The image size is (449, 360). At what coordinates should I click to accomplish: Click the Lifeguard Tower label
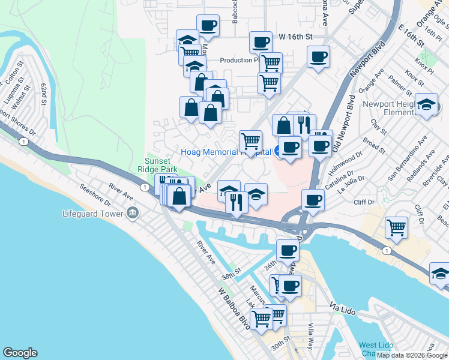93,214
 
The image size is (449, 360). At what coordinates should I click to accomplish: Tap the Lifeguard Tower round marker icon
132,214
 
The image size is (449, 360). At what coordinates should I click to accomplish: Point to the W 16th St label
297,37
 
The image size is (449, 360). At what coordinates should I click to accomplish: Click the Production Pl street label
239,60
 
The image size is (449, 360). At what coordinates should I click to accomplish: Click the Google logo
20,353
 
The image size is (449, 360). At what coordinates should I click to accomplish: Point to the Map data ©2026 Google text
412,355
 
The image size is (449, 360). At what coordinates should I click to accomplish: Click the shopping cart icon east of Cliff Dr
397,227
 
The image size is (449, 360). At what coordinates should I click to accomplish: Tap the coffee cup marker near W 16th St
261,42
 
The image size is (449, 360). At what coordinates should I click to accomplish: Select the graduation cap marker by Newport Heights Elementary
426,105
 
